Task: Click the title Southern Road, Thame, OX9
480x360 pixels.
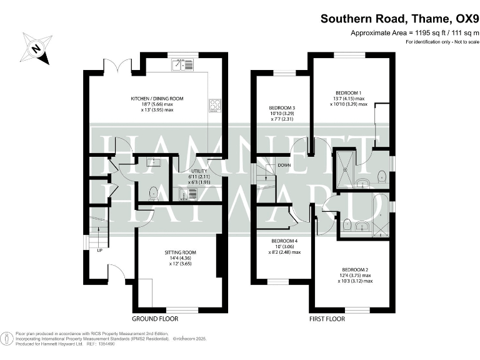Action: [x=399, y=19]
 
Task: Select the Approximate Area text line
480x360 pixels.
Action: [x=414, y=32]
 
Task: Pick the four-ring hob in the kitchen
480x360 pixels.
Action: [x=215, y=106]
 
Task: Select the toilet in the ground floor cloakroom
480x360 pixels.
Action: [x=153, y=192]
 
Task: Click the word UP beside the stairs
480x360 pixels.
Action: [x=99, y=251]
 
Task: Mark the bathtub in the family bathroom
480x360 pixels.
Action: [x=379, y=216]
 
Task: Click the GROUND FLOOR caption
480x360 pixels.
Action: [x=155, y=319]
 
